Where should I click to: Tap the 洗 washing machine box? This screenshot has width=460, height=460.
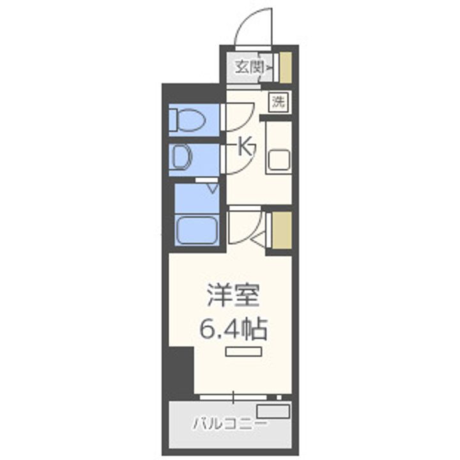coord(278,102)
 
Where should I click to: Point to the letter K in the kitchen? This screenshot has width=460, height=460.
coord(245,148)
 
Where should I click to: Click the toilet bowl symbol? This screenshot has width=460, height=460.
coord(187,119)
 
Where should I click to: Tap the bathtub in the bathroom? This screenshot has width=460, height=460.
coord(197,229)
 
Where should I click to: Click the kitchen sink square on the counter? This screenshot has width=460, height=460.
coord(279,159)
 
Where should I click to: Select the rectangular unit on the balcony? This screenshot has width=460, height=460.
coord(274,411)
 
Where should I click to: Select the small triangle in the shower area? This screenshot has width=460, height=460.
coord(211,187)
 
